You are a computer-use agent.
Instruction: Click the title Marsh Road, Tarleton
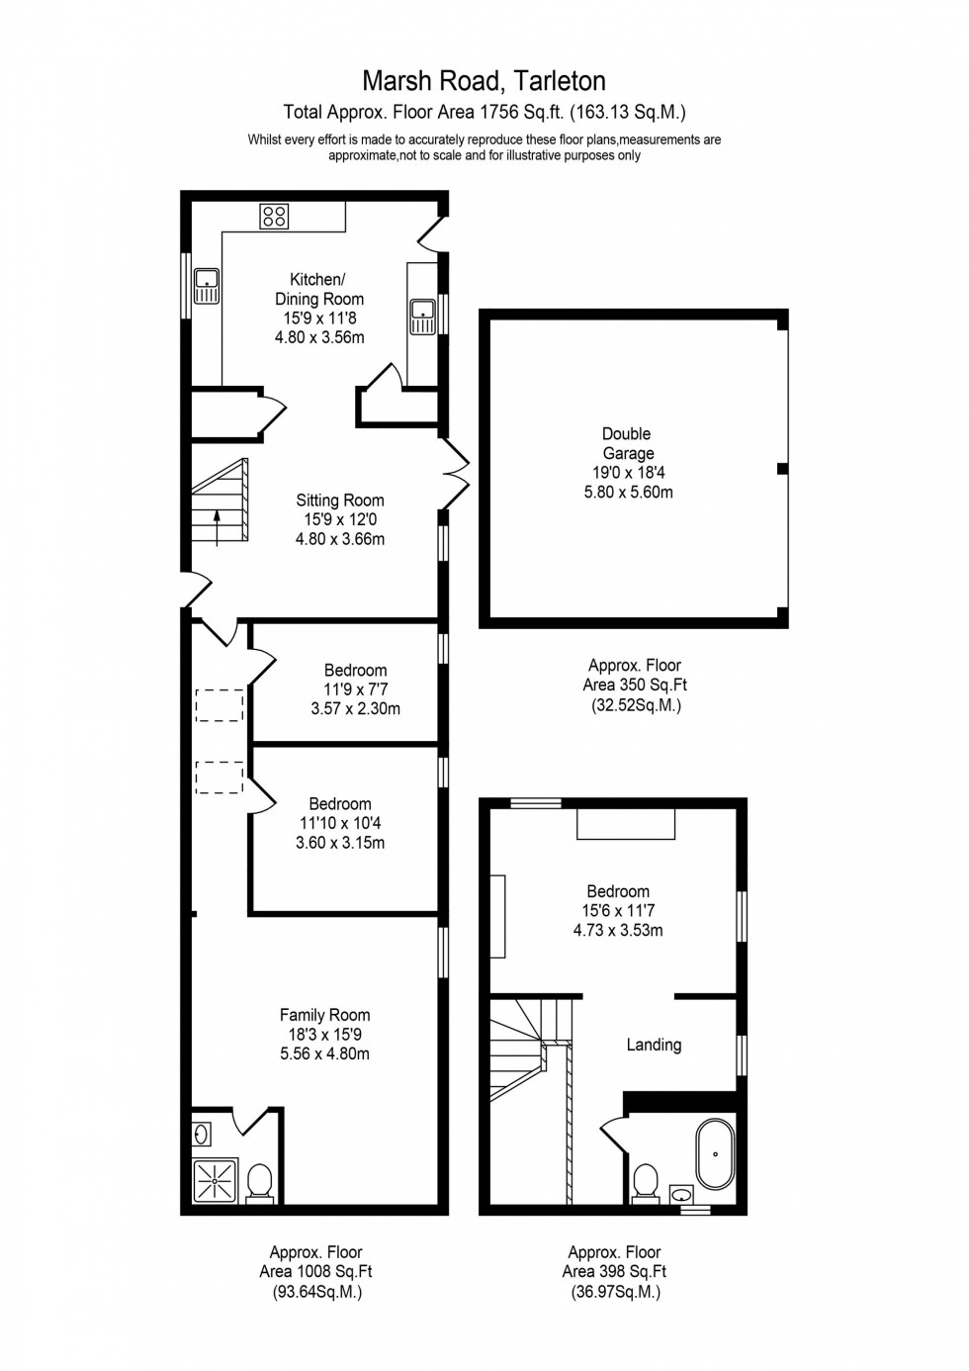(484, 80)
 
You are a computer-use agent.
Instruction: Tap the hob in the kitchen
(274, 216)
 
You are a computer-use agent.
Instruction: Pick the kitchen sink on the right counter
(422, 317)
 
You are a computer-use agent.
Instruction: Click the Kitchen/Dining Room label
(318, 289)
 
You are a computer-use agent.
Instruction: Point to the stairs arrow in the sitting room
(218, 528)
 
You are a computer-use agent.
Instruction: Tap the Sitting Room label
(339, 501)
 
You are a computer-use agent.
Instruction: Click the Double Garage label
(627, 443)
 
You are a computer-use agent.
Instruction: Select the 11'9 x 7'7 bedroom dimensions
(355, 689)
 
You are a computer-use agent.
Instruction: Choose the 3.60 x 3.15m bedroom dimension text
(340, 843)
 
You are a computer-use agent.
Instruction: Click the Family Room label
(324, 1015)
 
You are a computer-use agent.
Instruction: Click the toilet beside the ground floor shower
(259, 1180)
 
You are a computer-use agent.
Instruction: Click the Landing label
(654, 1045)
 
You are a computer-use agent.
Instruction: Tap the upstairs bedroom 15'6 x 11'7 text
(617, 910)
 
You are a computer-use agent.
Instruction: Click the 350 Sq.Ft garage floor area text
(635, 685)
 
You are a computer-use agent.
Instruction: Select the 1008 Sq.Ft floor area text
(316, 1272)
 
